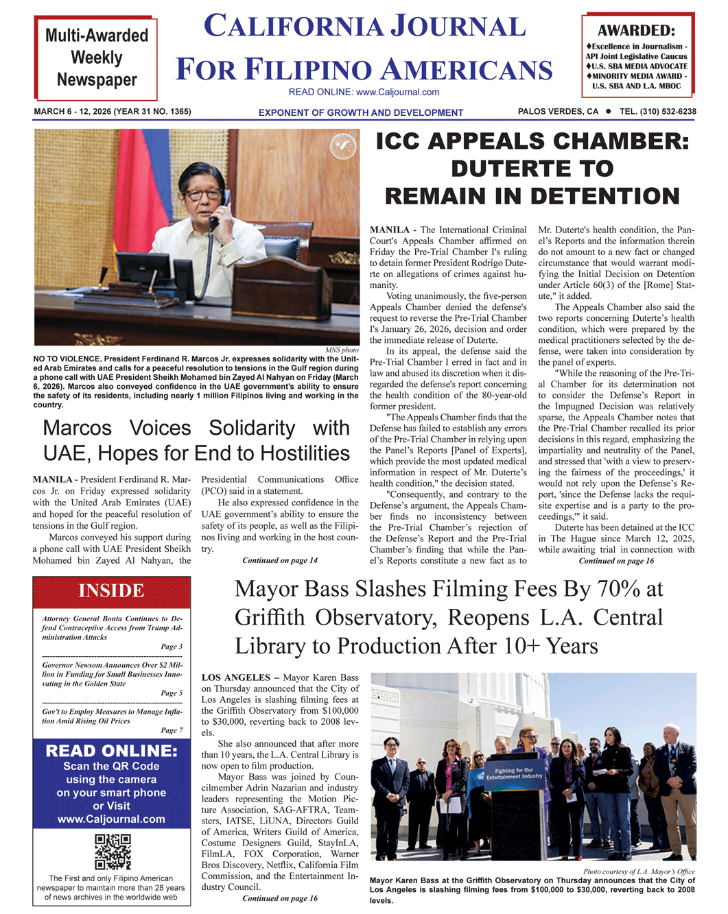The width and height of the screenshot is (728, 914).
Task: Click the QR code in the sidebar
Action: point(113,852)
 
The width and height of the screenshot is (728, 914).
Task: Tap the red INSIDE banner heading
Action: point(111,591)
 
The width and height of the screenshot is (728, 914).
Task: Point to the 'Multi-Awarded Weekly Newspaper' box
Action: point(97,58)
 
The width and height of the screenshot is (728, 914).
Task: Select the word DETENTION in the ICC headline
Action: point(604,197)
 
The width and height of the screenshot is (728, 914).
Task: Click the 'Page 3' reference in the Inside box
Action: point(172,647)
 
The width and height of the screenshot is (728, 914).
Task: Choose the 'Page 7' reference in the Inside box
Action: point(172,730)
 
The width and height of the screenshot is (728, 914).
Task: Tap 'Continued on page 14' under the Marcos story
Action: point(280,560)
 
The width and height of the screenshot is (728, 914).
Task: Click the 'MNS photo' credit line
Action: point(342,350)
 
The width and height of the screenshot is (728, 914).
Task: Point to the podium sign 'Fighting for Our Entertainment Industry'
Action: point(514,773)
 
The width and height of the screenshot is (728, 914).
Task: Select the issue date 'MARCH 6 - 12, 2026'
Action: point(72,112)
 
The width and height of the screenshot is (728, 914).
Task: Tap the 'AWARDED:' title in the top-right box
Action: point(635,30)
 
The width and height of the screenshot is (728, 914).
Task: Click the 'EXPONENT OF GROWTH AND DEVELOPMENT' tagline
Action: point(360,112)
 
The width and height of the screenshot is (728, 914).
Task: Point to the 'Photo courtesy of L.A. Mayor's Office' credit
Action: point(639,871)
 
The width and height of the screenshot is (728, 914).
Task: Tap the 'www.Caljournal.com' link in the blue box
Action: point(111,819)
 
